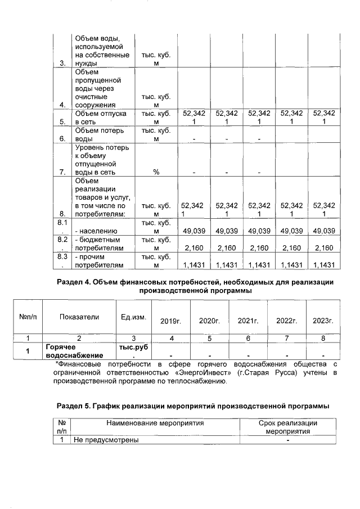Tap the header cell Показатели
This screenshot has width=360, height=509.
click(79, 317)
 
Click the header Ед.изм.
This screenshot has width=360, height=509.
click(133, 317)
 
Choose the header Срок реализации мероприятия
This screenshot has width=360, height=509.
click(287, 426)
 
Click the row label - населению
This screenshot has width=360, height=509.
click(95, 231)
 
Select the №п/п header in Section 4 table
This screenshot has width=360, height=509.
click(28, 317)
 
